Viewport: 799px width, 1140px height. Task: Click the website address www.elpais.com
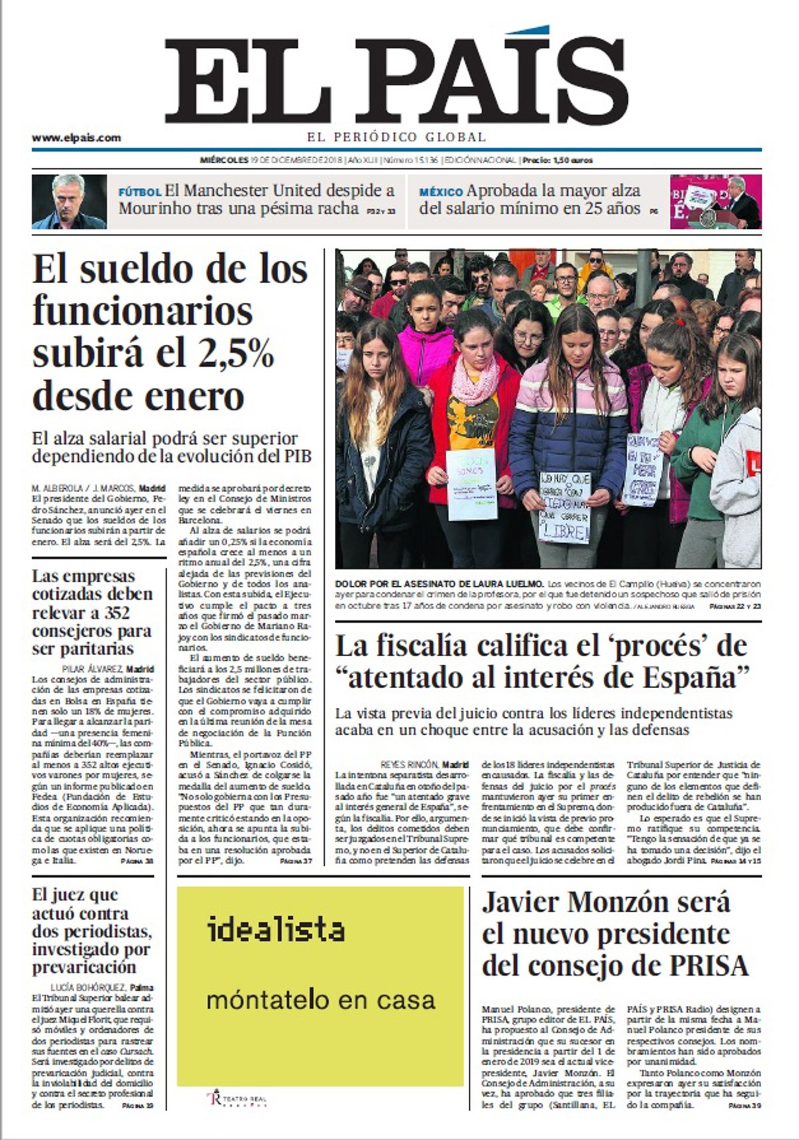(x=77, y=138)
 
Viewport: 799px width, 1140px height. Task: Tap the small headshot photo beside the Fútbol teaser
(x=69, y=202)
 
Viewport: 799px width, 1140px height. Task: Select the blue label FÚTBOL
(x=140, y=192)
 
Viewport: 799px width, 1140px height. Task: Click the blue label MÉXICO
(x=441, y=192)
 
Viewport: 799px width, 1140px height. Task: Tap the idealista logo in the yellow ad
(x=276, y=930)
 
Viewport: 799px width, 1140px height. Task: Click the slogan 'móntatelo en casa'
(x=320, y=1000)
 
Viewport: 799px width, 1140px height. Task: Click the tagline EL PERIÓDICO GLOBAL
(x=397, y=137)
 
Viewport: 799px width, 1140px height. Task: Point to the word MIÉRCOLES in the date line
(x=224, y=160)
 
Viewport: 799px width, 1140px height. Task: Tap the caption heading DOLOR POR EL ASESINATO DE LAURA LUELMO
(x=440, y=584)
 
